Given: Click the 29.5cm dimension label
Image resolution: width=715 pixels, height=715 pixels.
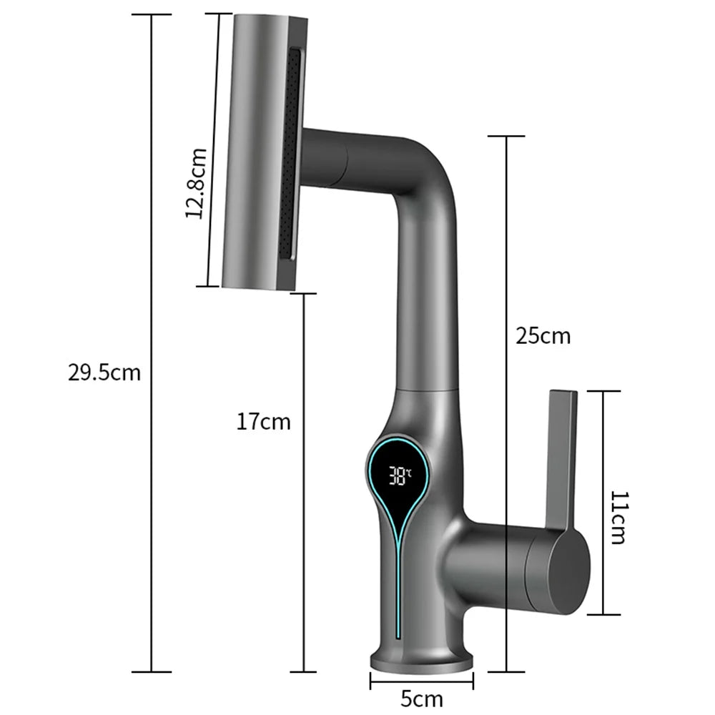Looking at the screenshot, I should click(x=105, y=373).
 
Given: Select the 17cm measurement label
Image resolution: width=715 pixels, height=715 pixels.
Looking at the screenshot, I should click(x=264, y=422).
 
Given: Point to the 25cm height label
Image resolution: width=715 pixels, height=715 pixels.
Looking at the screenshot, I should click(x=543, y=335).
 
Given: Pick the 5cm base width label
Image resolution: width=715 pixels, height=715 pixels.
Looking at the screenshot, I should click(x=421, y=698).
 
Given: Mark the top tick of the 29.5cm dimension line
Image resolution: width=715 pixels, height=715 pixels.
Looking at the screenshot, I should click(x=152, y=14).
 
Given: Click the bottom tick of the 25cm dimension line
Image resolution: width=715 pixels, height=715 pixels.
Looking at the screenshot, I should click(x=506, y=671).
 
